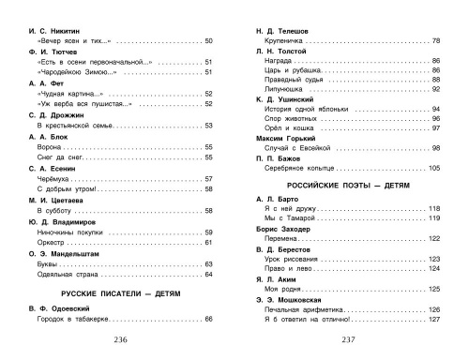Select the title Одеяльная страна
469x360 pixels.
[68, 274]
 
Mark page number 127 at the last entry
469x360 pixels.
[434, 320]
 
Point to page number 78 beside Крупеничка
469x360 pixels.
[436, 42]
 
